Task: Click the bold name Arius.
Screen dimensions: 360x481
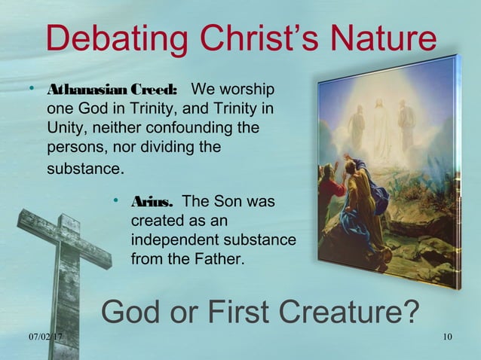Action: [152, 203]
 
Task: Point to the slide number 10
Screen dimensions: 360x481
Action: [448, 336]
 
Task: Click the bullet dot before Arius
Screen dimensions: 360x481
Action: [117, 202]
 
